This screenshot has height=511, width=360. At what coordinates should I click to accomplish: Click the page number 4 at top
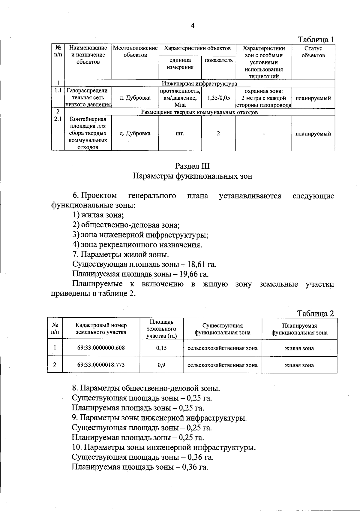tap(193, 26)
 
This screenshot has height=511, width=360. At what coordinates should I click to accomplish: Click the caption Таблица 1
tap(316, 40)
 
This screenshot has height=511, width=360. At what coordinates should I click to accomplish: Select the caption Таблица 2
tap(315, 313)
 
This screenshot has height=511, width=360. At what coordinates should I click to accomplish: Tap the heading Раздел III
tap(193, 166)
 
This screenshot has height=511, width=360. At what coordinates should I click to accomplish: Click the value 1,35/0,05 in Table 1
tap(218, 98)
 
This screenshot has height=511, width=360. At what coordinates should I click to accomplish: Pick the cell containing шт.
tap(180, 134)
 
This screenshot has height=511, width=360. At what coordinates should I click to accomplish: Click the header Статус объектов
tap(313, 52)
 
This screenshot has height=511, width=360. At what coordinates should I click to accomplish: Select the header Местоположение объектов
tap(135, 52)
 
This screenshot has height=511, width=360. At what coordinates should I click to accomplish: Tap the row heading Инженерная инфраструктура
tap(199, 83)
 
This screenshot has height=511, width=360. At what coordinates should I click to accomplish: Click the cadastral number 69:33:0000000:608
tap(101, 348)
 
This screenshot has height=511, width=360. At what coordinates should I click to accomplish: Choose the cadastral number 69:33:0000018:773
tap(101, 365)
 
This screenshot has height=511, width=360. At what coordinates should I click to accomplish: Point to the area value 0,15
tap(161, 348)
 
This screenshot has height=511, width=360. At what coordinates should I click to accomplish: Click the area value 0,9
tap(161, 365)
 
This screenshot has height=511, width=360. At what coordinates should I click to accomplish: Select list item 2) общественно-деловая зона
tap(126, 225)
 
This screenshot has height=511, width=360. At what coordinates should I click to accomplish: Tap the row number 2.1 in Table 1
tap(58, 119)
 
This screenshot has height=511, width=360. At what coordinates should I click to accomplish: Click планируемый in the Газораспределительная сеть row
tap(313, 98)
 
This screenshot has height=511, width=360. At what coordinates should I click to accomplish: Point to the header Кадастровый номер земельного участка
tap(101, 329)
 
